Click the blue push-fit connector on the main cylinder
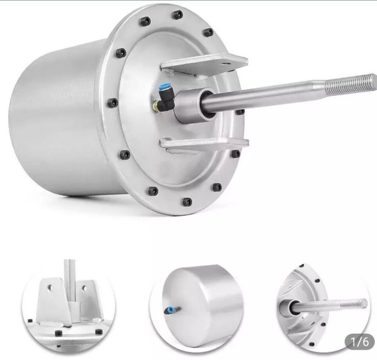pyautogui.click(x=163, y=88)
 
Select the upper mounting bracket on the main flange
pyautogui.click(x=204, y=64)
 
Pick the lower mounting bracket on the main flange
pyautogui.click(x=204, y=144)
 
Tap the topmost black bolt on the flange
pyautogui.click(x=178, y=14)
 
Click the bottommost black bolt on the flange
pyautogui.click(x=187, y=201)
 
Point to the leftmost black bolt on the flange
pyautogui.click(x=112, y=103)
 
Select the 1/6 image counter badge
pyautogui.click(x=359, y=341)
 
